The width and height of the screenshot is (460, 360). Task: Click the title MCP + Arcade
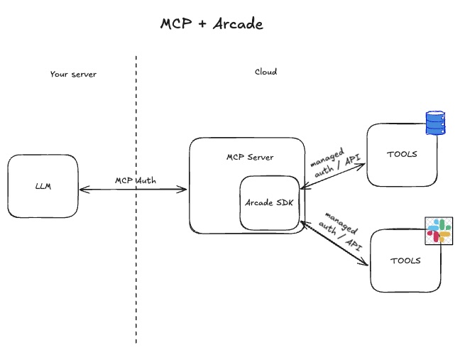pyautogui.click(x=212, y=23)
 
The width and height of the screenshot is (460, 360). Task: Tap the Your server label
pyautogui.click(x=73, y=74)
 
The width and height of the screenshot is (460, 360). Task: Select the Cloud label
pyautogui.click(x=265, y=72)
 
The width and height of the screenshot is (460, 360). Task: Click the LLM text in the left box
pyautogui.click(x=43, y=187)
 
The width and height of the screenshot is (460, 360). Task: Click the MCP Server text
pyautogui.click(x=249, y=157)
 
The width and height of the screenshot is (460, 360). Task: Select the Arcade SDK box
pyautogui.click(x=270, y=203)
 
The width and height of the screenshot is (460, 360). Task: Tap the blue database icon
pyautogui.click(x=434, y=123)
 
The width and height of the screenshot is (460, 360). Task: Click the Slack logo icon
pyautogui.click(x=438, y=231)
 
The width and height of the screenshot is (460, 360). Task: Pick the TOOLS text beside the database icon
pyautogui.click(x=402, y=154)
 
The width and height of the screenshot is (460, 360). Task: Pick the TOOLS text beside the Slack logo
pyautogui.click(x=405, y=261)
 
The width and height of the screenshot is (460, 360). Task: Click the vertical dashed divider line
pyautogui.click(x=136, y=284)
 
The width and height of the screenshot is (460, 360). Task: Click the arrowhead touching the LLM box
pyautogui.click(x=82, y=190)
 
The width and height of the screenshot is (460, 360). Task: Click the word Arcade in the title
pyautogui.click(x=238, y=23)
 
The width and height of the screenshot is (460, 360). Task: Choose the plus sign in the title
pyautogui.click(x=202, y=24)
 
